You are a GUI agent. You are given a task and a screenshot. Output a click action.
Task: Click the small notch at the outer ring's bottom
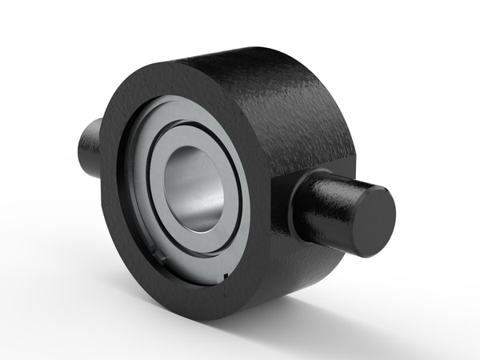click(226, 277)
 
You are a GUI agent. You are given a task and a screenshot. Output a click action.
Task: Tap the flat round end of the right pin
click(373, 221)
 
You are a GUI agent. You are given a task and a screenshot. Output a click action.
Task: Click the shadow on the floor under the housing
click(320, 308)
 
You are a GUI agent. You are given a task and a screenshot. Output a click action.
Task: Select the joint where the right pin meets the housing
click(298, 204)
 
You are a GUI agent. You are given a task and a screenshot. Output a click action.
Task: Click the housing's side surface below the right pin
click(300, 264)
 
